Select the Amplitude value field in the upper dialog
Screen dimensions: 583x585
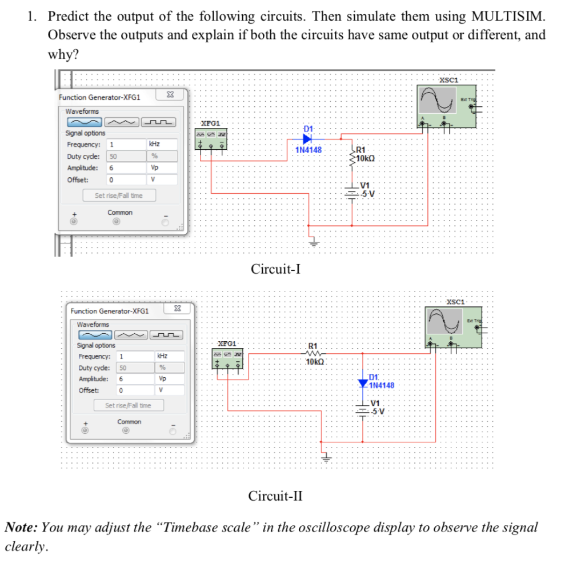[x=126, y=168]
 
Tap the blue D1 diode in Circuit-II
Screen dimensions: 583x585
[x=363, y=382]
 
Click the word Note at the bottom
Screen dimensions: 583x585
[x=21, y=527]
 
